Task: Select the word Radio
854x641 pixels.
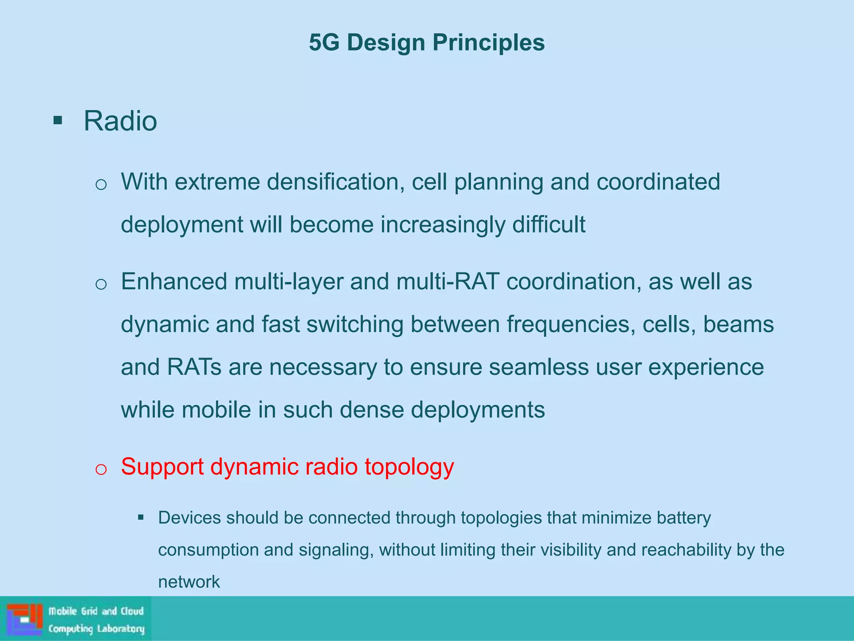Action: pyautogui.click(x=120, y=121)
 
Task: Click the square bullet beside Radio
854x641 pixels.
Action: pyautogui.click(x=58, y=121)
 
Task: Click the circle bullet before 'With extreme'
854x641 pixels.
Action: pyautogui.click(x=101, y=184)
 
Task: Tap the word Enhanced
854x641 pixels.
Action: pyautogui.click(x=174, y=281)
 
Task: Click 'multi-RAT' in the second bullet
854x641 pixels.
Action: pyautogui.click(x=447, y=281)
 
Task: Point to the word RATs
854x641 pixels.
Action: pyautogui.click(x=194, y=367)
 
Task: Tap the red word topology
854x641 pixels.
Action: pyautogui.click(x=409, y=467)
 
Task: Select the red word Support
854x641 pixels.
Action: pyautogui.click(x=162, y=467)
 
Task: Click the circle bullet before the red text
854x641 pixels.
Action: pyautogui.click(x=101, y=469)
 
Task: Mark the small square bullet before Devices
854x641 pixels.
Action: pyautogui.click(x=141, y=518)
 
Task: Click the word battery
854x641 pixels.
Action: pyautogui.click(x=683, y=518)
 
